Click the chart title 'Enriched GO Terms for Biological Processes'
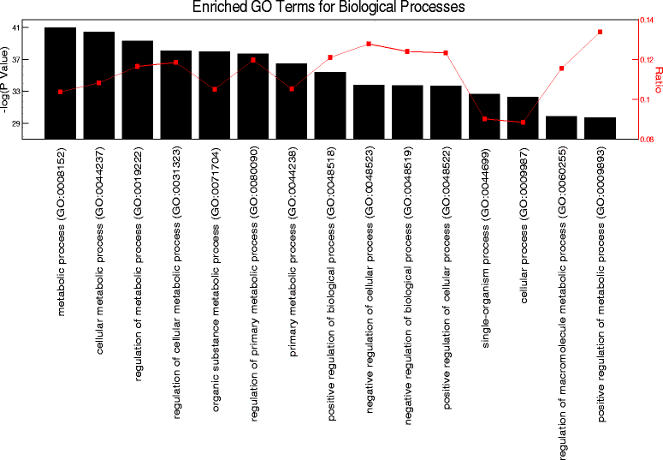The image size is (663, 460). pyautogui.click(x=329, y=7)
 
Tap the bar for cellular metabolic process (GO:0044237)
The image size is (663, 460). pyautogui.click(x=98, y=85)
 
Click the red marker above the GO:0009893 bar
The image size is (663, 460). pyautogui.click(x=601, y=33)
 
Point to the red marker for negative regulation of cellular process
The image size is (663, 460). pyautogui.click(x=369, y=44)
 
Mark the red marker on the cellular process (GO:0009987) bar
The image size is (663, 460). pyautogui.click(x=523, y=122)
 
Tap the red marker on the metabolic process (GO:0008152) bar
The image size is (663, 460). pyautogui.click(x=60, y=92)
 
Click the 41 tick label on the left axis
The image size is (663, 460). pyautogui.click(x=17, y=28)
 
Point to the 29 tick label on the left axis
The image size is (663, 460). pyautogui.click(x=17, y=123)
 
